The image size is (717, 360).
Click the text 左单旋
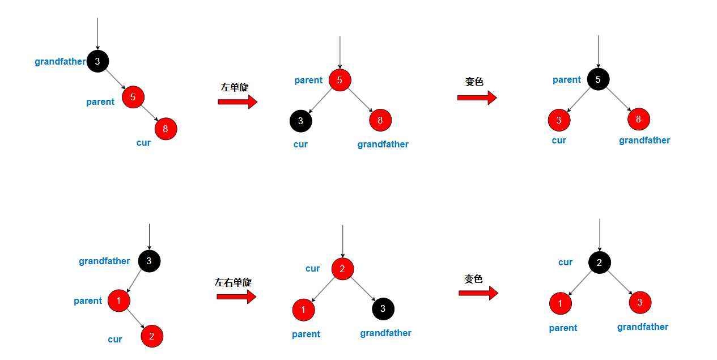click(234, 87)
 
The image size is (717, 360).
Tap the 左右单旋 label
click(233, 282)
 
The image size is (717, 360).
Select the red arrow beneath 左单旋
click(237, 101)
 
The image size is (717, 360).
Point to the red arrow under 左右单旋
click(236, 297)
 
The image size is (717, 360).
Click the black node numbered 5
click(598, 79)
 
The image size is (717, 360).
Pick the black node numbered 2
click(600, 262)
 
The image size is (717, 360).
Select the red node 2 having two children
click(342, 269)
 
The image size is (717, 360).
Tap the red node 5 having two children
click(340, 80)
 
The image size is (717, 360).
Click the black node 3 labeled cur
click(300, 120)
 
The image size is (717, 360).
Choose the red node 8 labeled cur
click(166, 129)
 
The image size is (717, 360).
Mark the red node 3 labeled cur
click(559, 120)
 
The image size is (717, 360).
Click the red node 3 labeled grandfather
click(640, 303)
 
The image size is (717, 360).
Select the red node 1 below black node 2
click(560, 303)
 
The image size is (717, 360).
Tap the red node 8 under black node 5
click(638, 119)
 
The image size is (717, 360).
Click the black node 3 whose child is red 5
click(97, 61)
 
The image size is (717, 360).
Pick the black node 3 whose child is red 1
click(149, 261)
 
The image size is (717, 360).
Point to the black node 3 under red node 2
click(383, 308)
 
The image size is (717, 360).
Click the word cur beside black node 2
click(565, 262)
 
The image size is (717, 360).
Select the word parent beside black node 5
click(567, 80)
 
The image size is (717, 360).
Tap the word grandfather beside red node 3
click(643, 327)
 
